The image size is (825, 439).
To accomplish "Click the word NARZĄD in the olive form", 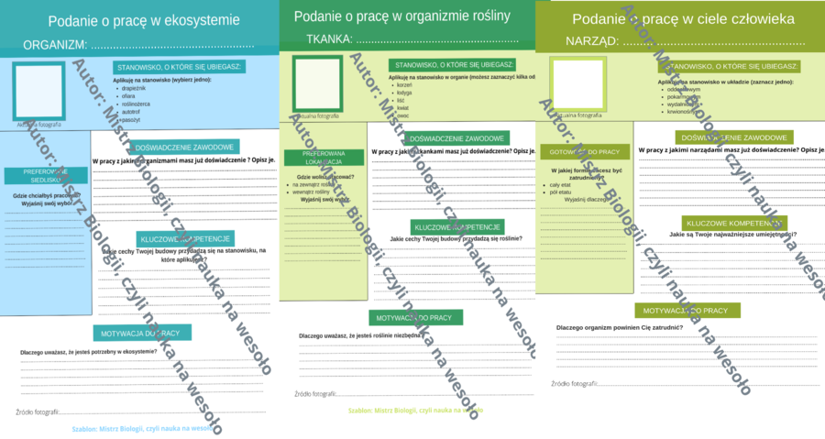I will point(592,41).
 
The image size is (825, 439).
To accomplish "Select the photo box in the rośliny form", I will point(317,83).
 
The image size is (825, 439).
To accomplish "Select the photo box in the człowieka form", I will point(577,84).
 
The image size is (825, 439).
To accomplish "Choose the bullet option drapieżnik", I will point(134,88).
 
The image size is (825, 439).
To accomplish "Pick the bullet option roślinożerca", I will point(138,104).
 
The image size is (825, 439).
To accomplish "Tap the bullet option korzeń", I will point(404,84).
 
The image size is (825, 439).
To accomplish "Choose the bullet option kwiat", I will point(402,107).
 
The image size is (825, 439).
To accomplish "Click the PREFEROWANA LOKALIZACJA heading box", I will point(324,158).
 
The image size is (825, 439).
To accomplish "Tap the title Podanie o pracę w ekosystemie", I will point(144,19).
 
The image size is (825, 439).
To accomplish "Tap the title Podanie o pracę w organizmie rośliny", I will point(407,16).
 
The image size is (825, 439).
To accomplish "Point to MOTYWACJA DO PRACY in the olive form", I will point(687,311).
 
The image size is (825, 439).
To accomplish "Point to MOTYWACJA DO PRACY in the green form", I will point(416,317).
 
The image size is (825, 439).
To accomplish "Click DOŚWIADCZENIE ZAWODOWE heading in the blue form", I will point(186,147).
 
